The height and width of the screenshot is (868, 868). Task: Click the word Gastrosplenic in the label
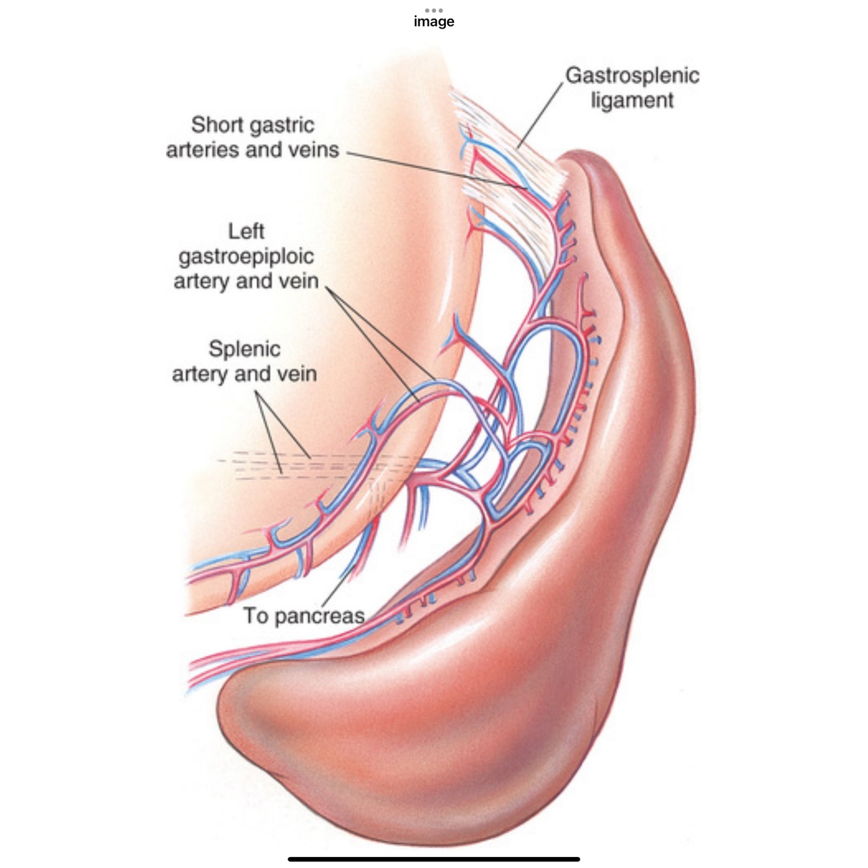632,75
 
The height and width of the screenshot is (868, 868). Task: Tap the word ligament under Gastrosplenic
632,101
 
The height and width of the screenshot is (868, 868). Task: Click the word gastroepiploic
246,256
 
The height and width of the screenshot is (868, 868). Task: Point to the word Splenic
245,349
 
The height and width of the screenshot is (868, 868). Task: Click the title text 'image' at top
434,21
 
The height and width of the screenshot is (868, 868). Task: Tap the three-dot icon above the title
433,10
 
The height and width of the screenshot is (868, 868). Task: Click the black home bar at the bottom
434,859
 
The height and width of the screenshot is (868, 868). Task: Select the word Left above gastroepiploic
246,231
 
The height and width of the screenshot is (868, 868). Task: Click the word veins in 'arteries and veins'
314,150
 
